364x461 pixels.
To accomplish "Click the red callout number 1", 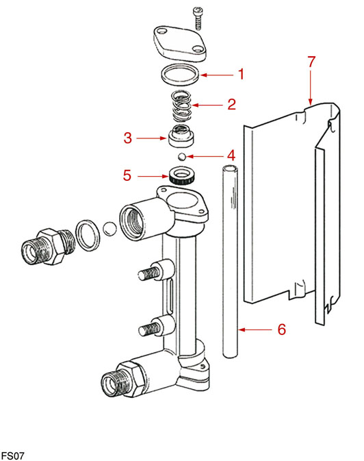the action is coord(241,74).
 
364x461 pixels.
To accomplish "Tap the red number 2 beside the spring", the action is coord(231,104).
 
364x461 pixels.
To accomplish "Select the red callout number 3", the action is coord(128,138).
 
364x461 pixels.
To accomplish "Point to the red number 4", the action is coord(231,155).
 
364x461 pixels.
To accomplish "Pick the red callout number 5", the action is coord(127,175).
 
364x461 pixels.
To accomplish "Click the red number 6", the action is coord(282,329).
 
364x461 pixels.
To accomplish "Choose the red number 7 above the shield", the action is coord(311,62).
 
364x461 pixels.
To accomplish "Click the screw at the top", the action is coord(198,18).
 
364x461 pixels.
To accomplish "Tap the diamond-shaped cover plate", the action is coord(180,44).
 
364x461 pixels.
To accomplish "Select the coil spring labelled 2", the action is coord(181,106).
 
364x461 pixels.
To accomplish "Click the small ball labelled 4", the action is coord(182,156).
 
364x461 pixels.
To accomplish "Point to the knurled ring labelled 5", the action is coord(182,175).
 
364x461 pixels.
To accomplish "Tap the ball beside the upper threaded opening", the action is coord(110,229).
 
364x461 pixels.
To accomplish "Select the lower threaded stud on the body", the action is coord(148,329).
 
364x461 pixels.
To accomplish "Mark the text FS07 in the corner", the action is coord(12,456).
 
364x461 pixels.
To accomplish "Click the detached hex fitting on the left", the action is coord(48,247).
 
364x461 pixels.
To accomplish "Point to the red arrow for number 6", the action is coord(255,330).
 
